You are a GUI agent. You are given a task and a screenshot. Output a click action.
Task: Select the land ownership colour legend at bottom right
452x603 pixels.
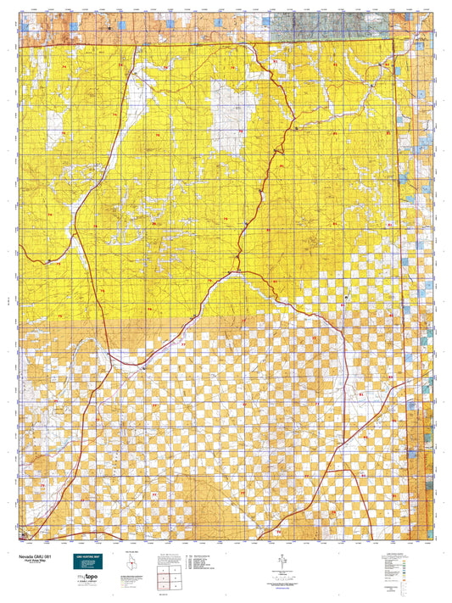point(397,567)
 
